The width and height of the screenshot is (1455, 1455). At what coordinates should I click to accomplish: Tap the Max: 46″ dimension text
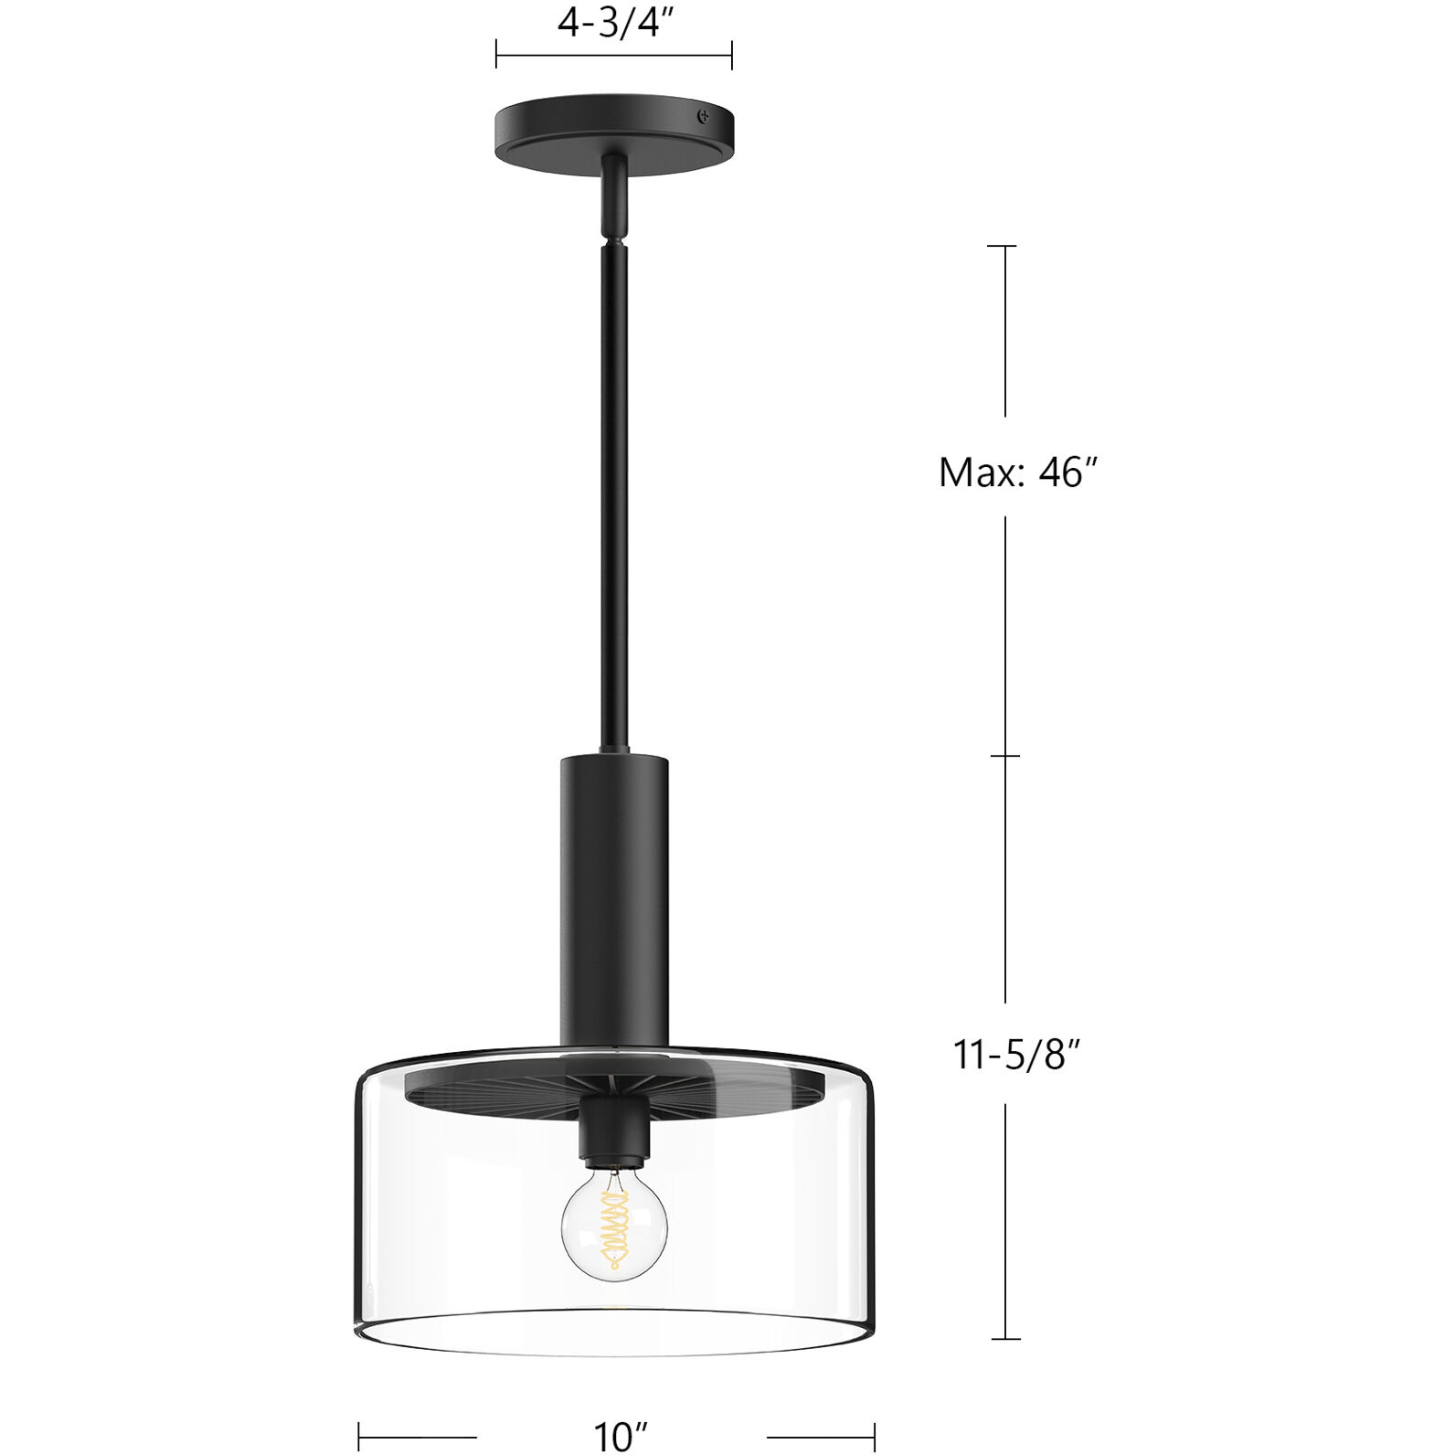1016,473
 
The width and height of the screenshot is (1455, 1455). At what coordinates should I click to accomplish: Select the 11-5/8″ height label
1016,1055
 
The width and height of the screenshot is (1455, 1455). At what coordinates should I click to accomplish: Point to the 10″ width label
621,1436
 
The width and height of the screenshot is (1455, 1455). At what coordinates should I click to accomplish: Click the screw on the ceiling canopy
703,116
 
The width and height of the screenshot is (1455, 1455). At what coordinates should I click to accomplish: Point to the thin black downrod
613,494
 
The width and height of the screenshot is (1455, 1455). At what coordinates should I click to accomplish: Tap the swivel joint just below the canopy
614,196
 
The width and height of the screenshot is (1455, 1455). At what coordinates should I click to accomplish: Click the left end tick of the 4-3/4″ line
496,55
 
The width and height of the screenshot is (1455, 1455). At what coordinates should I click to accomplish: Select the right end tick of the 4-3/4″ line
731,55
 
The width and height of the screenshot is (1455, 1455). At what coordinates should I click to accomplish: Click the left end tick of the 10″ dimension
358,1436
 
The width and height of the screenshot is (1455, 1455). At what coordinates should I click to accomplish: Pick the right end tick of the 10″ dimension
875,1436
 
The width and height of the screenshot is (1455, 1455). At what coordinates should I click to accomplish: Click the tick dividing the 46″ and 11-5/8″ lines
1005,756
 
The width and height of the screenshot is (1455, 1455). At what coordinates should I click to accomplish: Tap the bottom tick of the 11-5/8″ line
1005,1339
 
